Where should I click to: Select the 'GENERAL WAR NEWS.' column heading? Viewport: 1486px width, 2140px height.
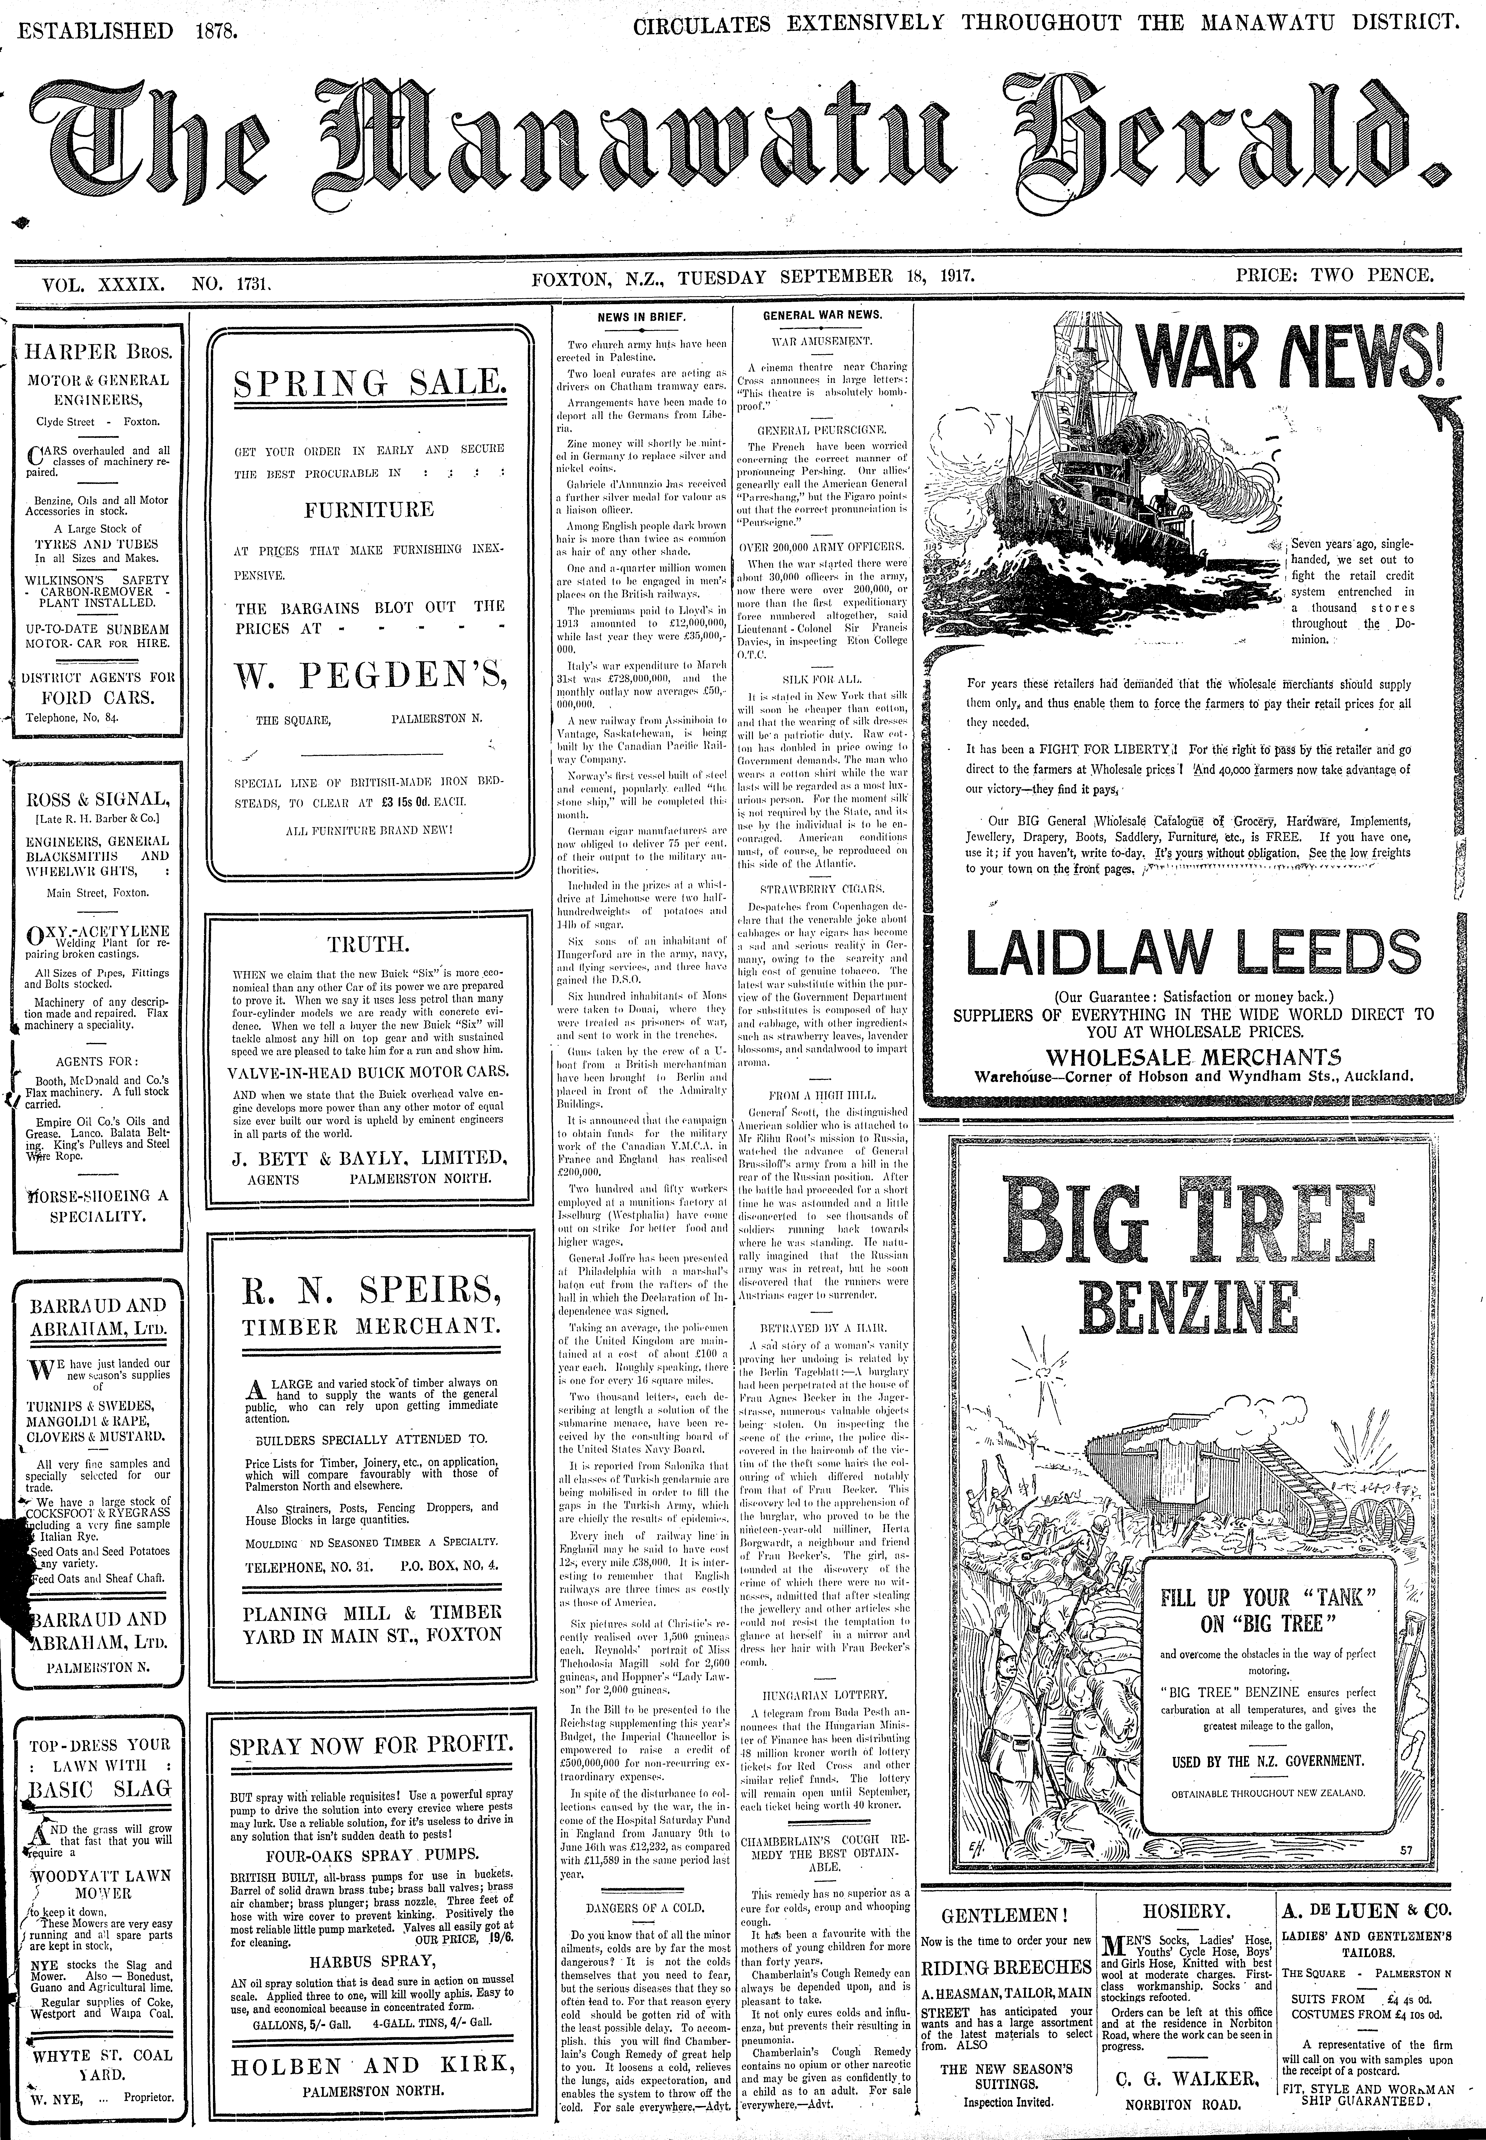(x=822, y=315)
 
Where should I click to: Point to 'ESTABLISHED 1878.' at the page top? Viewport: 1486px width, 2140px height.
(x=128, y=30)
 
